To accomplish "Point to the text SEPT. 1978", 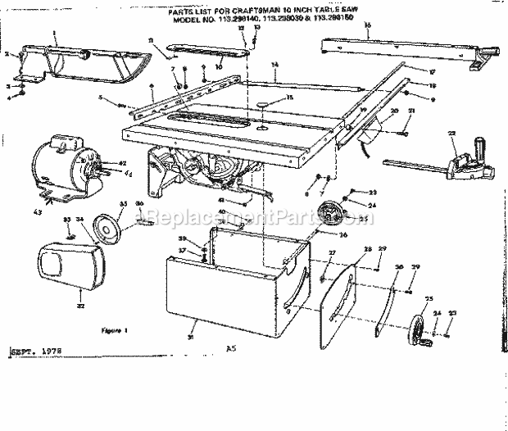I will [36, 352].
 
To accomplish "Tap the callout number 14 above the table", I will [275, 64].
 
